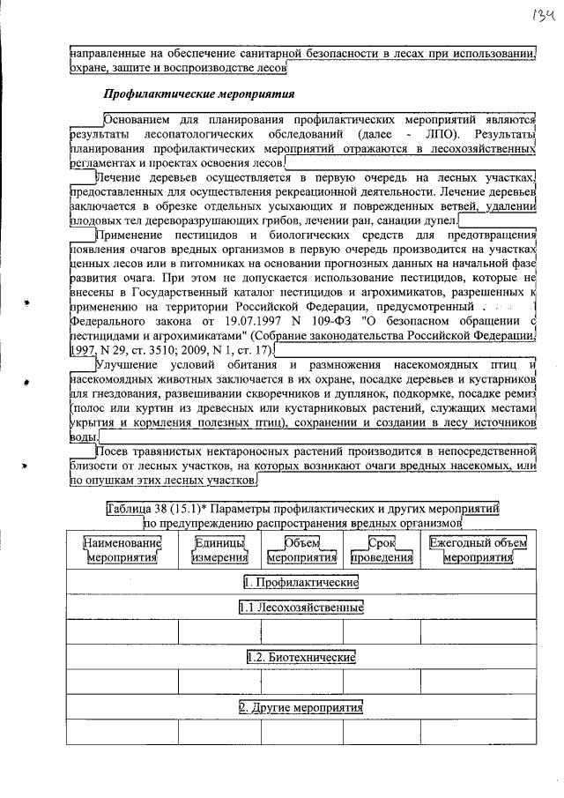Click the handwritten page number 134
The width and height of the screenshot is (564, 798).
(538, 16)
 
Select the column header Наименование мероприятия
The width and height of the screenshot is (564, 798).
(122, 550)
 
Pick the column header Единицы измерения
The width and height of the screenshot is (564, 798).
(221, 550)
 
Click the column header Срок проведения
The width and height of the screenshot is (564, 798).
(381, 550)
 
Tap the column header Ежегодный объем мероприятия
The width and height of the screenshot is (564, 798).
(478, 550)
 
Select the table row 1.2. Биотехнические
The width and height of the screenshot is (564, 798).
(301, 658)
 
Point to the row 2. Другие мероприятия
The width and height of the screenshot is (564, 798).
(301, 708)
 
